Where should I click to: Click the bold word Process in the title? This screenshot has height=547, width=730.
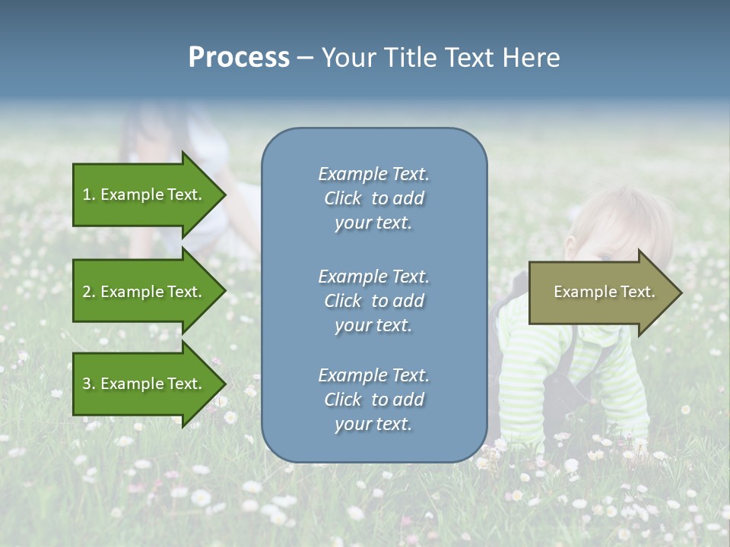(x=239, y=58)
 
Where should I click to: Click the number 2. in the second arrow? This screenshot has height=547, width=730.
(x=89, y=292)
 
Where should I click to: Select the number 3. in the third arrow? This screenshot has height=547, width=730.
(x=89, y=384)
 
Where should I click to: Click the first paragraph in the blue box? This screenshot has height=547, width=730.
(x=373, y=198)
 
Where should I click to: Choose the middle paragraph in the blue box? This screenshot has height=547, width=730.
(x=373, y=301)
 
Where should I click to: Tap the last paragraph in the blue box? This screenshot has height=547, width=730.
(x=373, y=400)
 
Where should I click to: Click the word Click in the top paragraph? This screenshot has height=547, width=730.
(x=343, y=198)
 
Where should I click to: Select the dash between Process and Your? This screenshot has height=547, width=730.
(x=305, y=58)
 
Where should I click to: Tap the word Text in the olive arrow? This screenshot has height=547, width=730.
(x=637, y=292)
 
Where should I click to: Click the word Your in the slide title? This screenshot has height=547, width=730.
(x=349, y=58)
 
